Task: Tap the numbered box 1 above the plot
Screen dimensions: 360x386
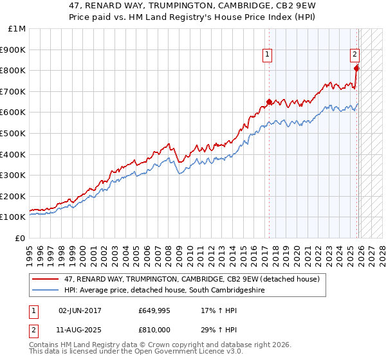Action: coord(267,56)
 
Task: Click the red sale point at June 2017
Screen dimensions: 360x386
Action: coord(269,102)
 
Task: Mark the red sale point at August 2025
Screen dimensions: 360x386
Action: coord(357,68)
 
